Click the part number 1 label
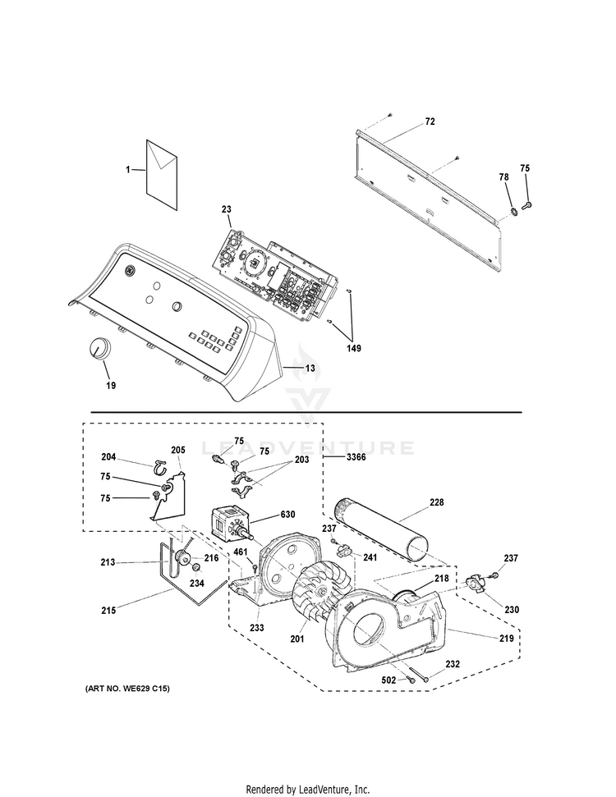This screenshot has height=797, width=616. coord(128,169)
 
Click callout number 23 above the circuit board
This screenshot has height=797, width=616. coord(226,209)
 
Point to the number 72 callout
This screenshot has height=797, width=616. coord(430,121)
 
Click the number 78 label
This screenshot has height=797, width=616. coord(503,176)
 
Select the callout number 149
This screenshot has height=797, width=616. coord(354,347)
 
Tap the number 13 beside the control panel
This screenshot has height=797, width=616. coord(310,368)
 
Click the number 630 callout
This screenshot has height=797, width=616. coord(287,515)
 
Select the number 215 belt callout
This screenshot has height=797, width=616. coord(108,610)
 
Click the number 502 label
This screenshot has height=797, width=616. coord(388,680)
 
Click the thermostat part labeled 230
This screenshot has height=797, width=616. coord(476,584)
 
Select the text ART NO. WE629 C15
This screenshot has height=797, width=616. coord(127,687)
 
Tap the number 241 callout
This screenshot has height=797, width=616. coord(370,558)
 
